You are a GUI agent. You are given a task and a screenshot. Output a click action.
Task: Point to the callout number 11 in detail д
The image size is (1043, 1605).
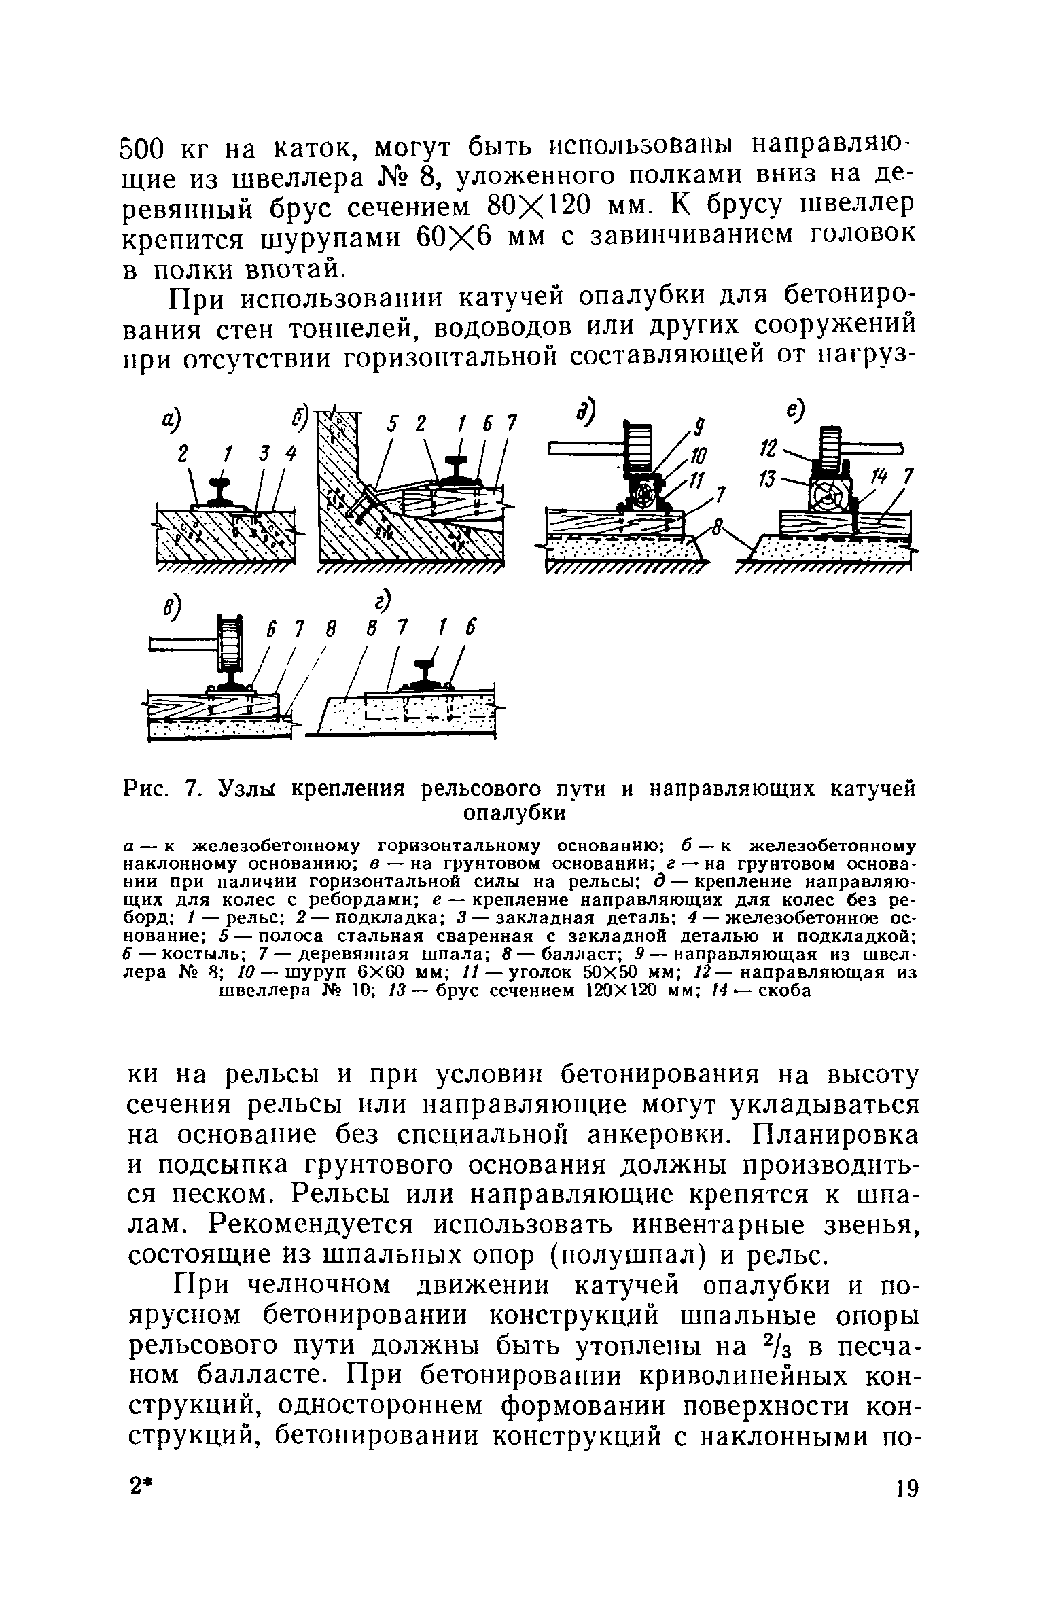pos(694,480)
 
